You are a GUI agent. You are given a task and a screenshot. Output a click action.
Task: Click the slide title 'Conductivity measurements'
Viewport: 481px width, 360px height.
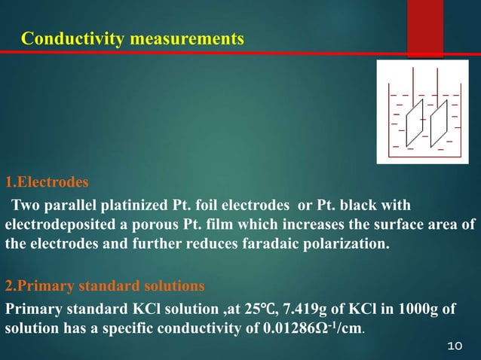point(133,38)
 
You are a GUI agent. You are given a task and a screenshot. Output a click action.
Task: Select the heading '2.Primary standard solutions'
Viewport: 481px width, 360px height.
point(104,286)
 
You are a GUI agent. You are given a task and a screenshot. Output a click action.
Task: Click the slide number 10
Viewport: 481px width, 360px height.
point(454,346)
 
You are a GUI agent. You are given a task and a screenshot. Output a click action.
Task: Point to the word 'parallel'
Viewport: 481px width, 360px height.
point(70,206)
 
